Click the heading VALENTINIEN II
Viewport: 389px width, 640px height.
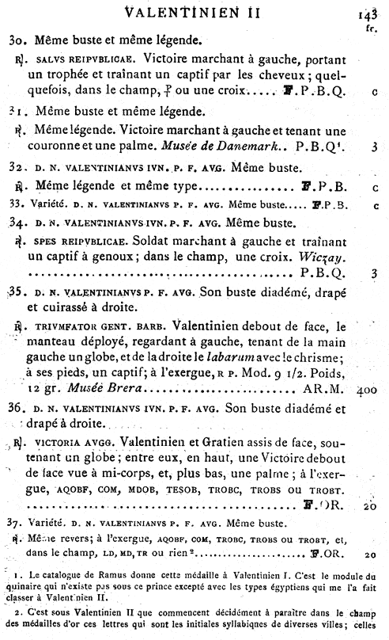194,12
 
